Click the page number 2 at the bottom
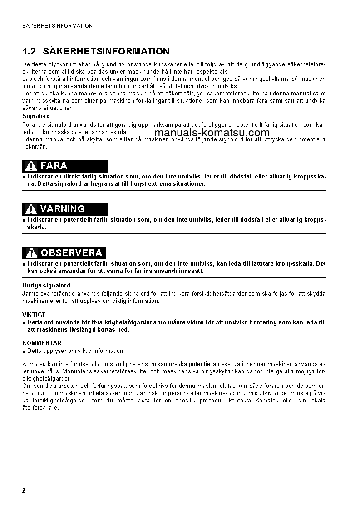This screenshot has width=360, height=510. (24, 491)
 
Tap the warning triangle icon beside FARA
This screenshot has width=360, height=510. (31, 166)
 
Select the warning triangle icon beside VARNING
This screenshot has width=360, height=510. (31, 209)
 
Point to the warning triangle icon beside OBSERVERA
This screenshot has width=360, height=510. (31, 253)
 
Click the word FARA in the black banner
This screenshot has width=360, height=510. (54, 166)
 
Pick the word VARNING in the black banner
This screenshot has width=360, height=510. (63, 209)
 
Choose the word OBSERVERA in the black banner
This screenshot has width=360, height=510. (72, 253)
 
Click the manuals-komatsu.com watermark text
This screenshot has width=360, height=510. (212, 133)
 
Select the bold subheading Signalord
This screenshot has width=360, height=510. (36, 116)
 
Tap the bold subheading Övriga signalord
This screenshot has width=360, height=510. (46, 286)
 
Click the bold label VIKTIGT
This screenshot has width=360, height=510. (34, 315)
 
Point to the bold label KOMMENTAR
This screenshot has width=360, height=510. (42, 343)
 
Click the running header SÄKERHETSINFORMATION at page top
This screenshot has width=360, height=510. (57, 26)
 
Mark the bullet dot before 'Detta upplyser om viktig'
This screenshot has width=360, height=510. (24, 352)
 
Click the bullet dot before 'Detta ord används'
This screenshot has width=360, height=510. (24, 323)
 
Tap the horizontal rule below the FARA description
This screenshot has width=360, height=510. (174, 190)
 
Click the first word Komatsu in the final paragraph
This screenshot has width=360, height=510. (33, 364)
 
